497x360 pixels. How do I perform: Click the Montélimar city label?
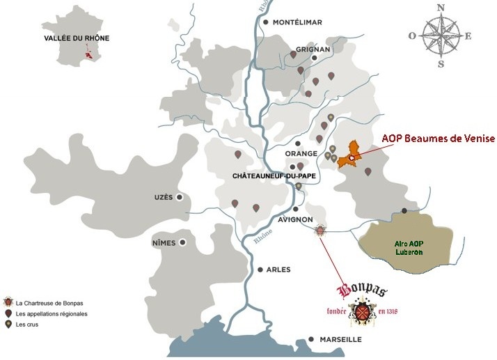click(297, 22)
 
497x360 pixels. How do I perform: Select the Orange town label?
click(301, 153)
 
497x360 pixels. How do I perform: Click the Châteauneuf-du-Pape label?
click(274, 177)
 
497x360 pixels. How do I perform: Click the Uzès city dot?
click(180, 198)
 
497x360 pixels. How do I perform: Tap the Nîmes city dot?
click(182, 243)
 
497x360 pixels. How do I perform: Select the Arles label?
click(278, 269)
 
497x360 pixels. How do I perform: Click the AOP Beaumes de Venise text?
click(438, 139)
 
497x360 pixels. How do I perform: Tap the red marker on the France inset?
click(88, 55)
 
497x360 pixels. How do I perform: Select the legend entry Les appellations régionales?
click(49, 314)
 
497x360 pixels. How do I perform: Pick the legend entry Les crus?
click(26, 324)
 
